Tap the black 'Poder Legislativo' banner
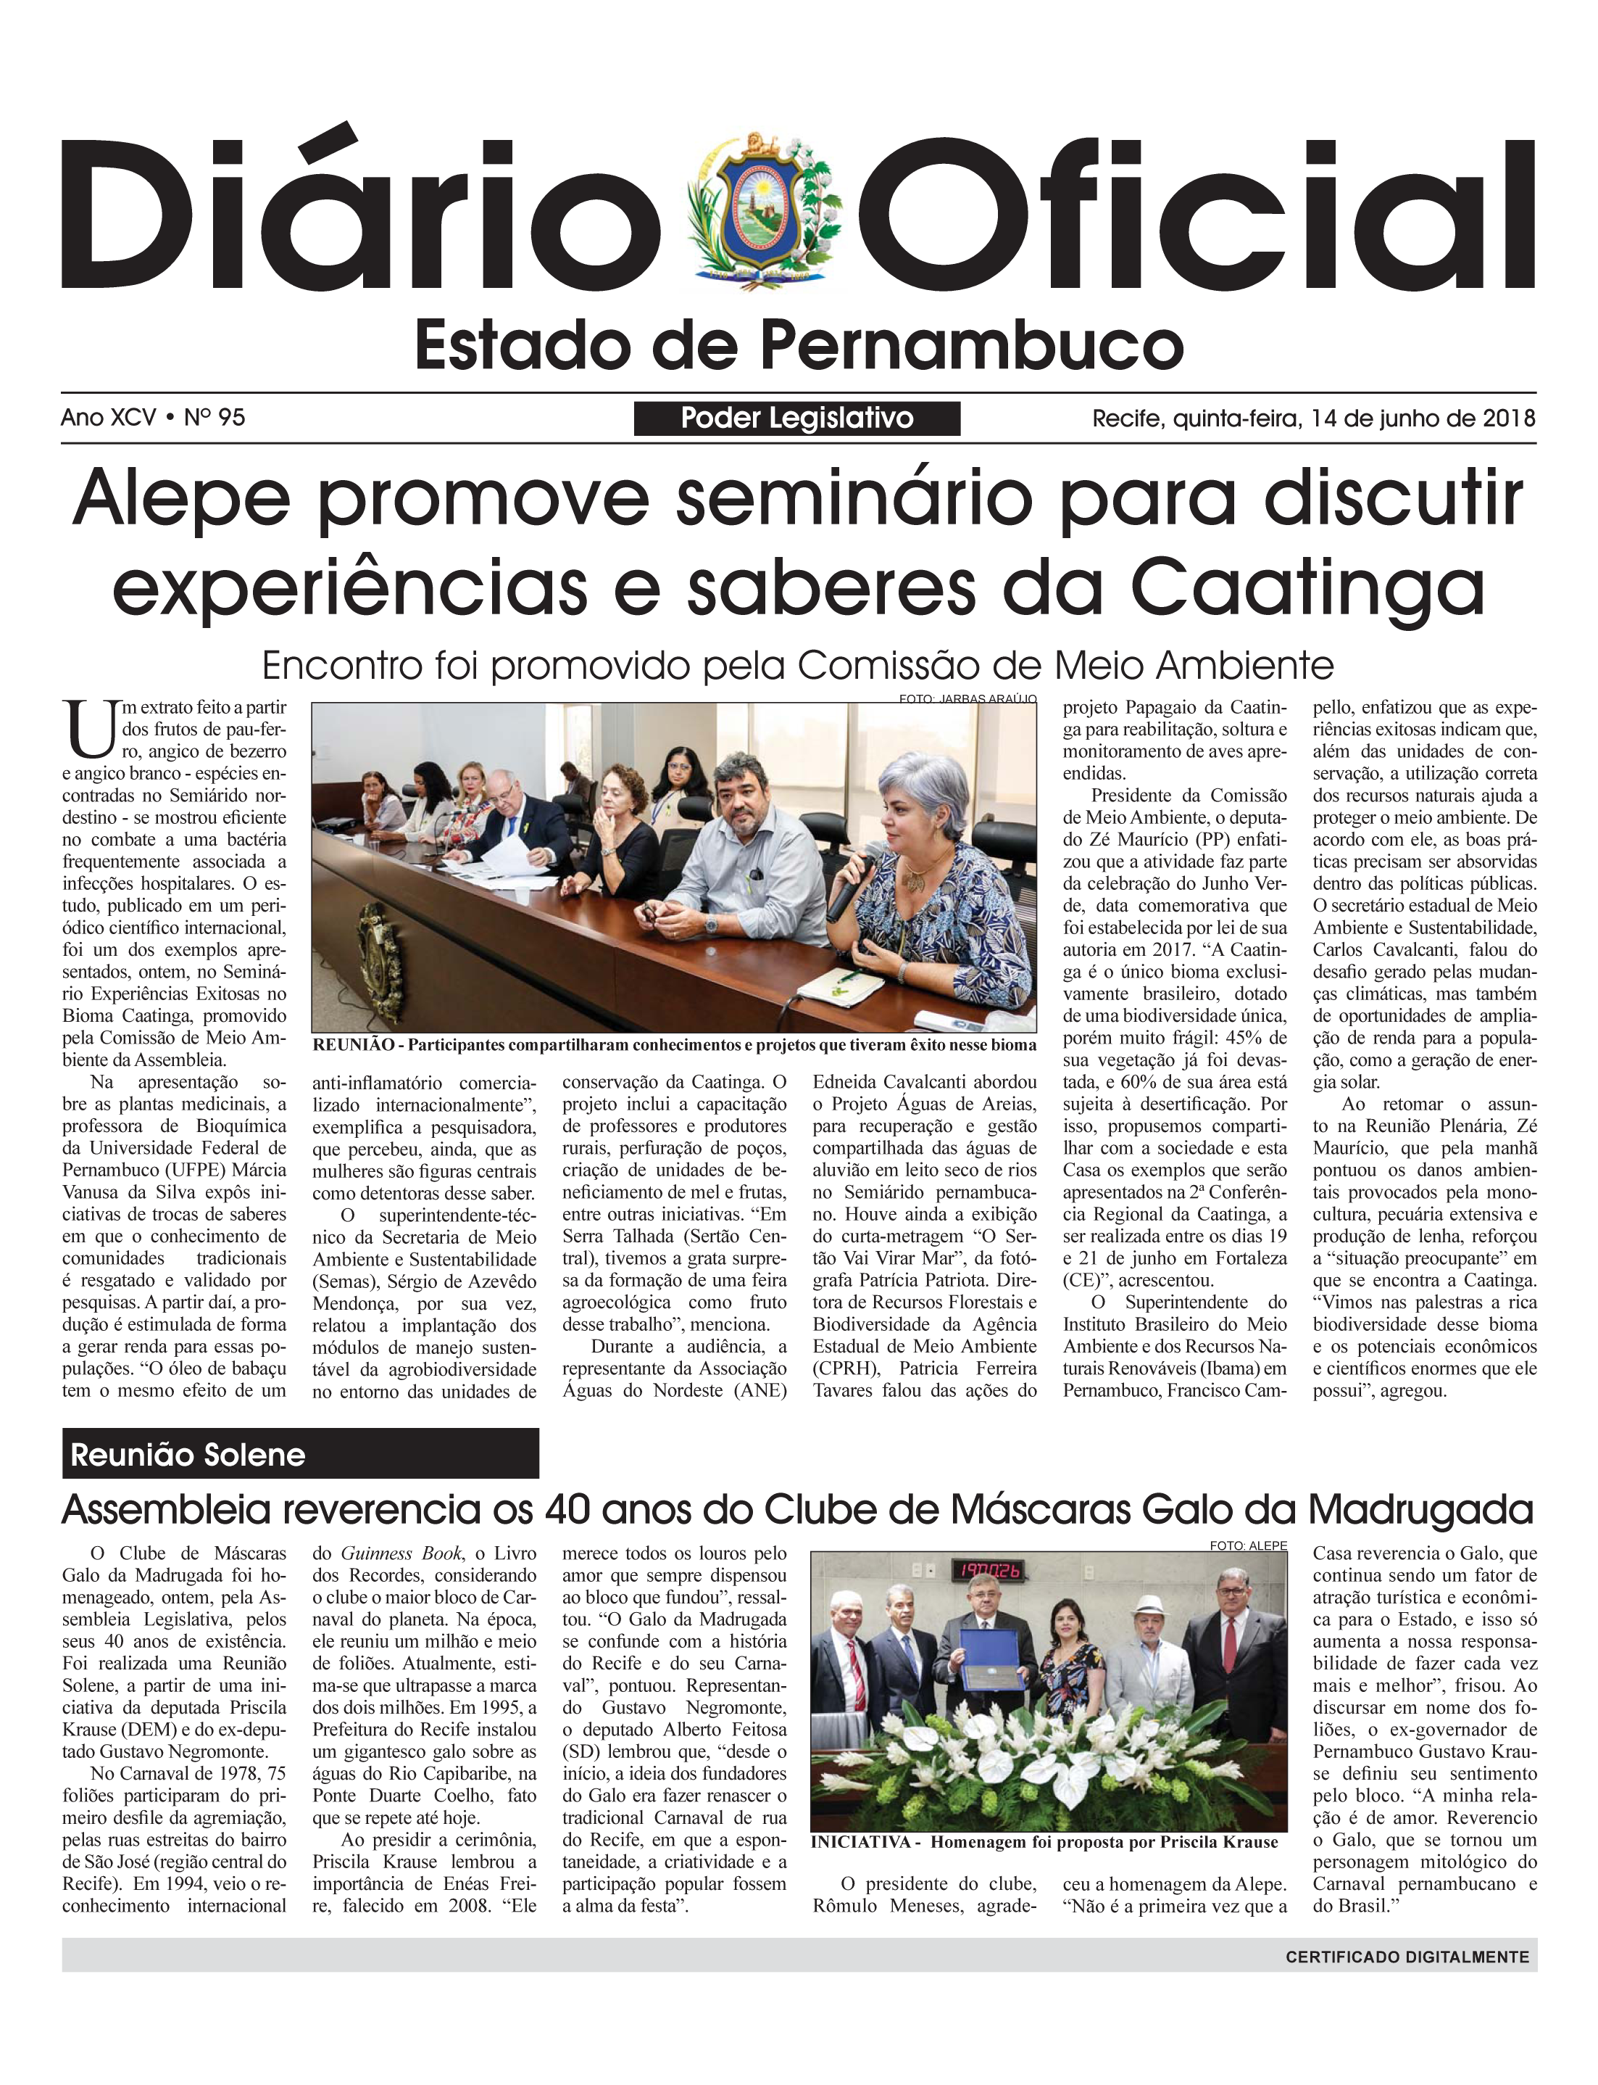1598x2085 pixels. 797,418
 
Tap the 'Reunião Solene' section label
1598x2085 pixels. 188,1455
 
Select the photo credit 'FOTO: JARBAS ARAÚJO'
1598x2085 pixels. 967,699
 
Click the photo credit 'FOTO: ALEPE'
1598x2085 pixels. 1248,1545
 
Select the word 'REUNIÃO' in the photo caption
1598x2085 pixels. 353,1045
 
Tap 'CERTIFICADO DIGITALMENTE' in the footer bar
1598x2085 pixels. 1407,1957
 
